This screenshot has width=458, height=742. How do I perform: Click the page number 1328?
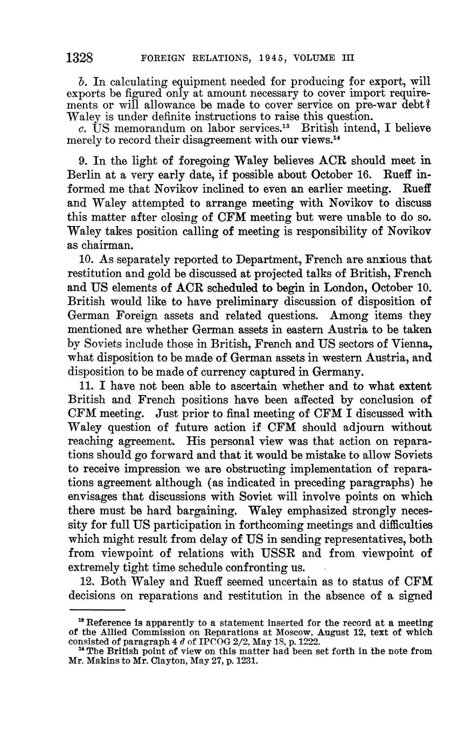(81, 58)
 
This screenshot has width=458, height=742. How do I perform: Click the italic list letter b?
(82, 82)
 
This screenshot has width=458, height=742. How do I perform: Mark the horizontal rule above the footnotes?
(96, 610)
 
